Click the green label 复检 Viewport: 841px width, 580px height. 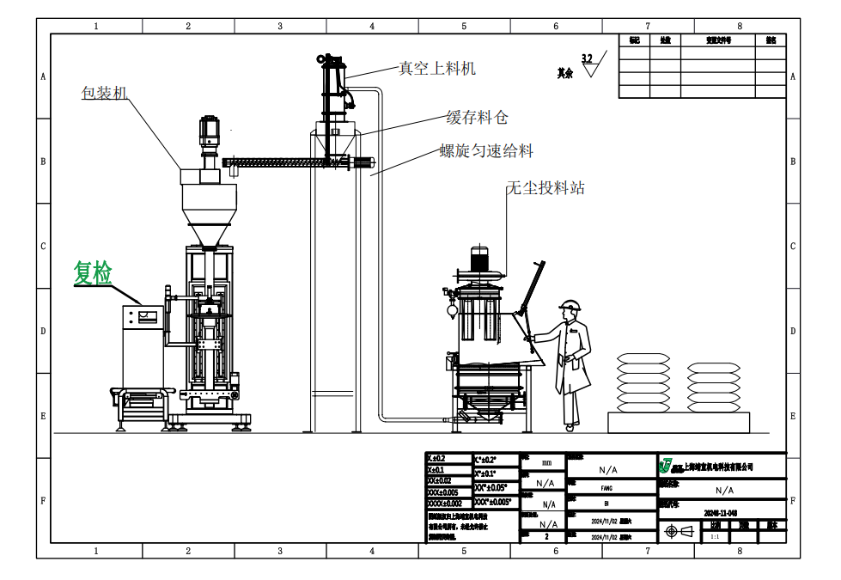pos(93,273)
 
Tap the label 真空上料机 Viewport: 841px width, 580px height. pos(437,67)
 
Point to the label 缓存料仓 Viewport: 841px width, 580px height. pos(477,118)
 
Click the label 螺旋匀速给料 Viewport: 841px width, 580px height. pos(486,151)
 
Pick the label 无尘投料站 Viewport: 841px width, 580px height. pos(545,187)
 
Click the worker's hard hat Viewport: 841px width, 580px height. pos(568,305)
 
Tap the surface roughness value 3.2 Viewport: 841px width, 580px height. pos(587,58)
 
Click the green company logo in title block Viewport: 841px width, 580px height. pos(665,466)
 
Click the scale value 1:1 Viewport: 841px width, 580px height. pos(714,535)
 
